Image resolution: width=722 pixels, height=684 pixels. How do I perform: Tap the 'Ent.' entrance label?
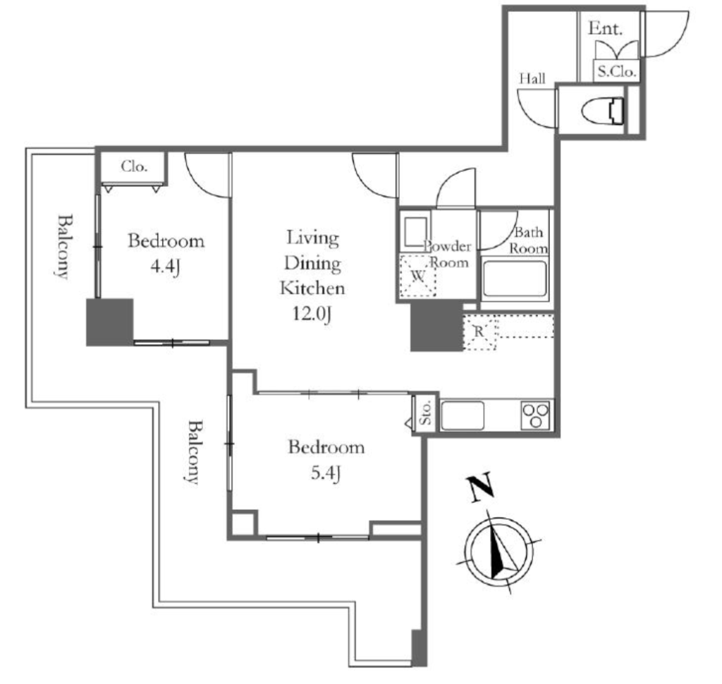pyautogui.click(x=606, y=28)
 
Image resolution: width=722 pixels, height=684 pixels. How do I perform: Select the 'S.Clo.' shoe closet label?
pyautogui.click(x=616, y=71)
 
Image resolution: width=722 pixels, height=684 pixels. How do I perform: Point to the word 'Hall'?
pyautogui.click(x=532, y=78)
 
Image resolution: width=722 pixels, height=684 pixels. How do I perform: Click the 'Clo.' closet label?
pyautogui.click(x=134, y=166)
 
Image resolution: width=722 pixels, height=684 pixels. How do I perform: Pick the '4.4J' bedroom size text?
pyautogui.click(x=165, y=267)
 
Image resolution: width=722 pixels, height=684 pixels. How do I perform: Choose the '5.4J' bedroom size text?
pyautogui.click(x=326, y=473)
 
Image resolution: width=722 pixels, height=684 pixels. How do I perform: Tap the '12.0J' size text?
pyautogui.click(x=312, y=314)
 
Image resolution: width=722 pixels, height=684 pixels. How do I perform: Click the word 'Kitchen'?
pyautogui.click(x=312, y=288)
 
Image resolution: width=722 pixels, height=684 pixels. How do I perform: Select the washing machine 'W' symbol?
pyautogui.click(x=418, y=276)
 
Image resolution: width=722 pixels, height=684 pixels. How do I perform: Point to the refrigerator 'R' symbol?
pyautogui.click(x=479, y=331)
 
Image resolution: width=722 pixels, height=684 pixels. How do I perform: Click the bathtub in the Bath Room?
pyautogui.click(x=515, y=279)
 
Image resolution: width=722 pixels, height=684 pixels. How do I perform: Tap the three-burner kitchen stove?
pyautogui.click(x=536, y=415)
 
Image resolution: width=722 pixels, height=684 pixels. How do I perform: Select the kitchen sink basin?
pyautogui.click(x=463, y=415)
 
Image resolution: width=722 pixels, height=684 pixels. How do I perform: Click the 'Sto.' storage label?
pyautogui.click(x=426, y=413)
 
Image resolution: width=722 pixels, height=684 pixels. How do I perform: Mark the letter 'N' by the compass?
pyautogui.click(x=481, y=488)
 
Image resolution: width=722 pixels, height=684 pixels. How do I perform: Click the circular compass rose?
pyautogui.click(x=499, y=551)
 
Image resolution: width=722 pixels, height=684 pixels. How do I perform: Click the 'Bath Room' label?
pyautogui.click(x=529, y=240)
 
